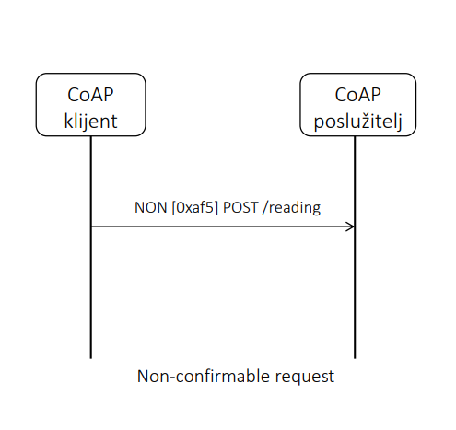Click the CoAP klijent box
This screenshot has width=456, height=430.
coord(90,104)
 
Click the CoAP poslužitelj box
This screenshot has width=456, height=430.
coord(357,104)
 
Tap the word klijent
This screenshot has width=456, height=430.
coord(90,122)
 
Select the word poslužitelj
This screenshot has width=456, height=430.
coord(357,122)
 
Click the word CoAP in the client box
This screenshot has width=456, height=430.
coord(90,95)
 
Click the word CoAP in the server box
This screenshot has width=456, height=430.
coord(357,95)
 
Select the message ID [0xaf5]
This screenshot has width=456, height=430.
coord(195,208)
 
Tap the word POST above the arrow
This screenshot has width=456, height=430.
coord(240,208)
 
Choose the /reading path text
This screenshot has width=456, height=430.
coord(292,208)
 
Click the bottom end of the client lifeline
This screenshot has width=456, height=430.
coord(91,358)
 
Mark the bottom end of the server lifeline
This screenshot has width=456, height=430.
coord(355,358)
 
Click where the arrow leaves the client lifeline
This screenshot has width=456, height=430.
coord(91,227)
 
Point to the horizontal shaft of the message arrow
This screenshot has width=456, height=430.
coord(223,227)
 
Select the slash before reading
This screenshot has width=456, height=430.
coord(265,208)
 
